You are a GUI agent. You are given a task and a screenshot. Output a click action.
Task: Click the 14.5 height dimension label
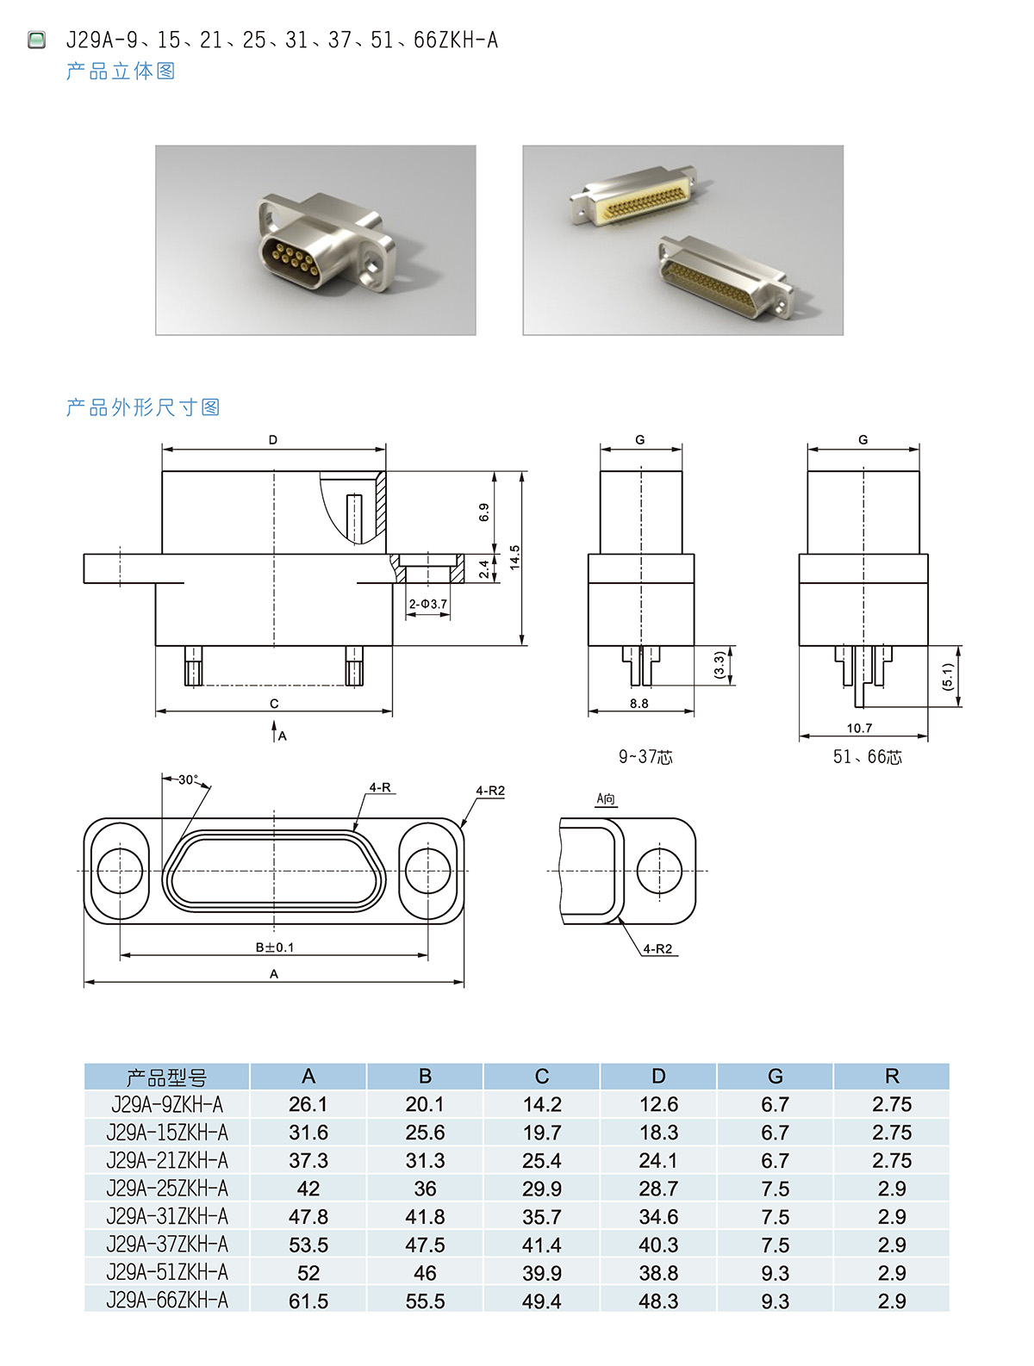tap(514, 557)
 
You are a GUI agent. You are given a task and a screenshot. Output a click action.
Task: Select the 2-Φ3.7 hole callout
tap(427, 604)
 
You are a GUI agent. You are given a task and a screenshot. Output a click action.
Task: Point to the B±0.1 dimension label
tap(275, 947)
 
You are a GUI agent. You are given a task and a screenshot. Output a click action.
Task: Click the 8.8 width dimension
tap(638, 703)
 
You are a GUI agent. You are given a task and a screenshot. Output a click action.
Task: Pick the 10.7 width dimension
tap(859, 728)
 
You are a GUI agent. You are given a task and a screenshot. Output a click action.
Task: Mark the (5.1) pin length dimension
tap(948, 676)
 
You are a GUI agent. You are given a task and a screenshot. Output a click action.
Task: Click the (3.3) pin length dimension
tap(719, 665)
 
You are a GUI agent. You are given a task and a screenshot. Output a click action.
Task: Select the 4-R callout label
tap(380, 787)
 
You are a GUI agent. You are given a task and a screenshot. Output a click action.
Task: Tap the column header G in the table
tap(775, 1076)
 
